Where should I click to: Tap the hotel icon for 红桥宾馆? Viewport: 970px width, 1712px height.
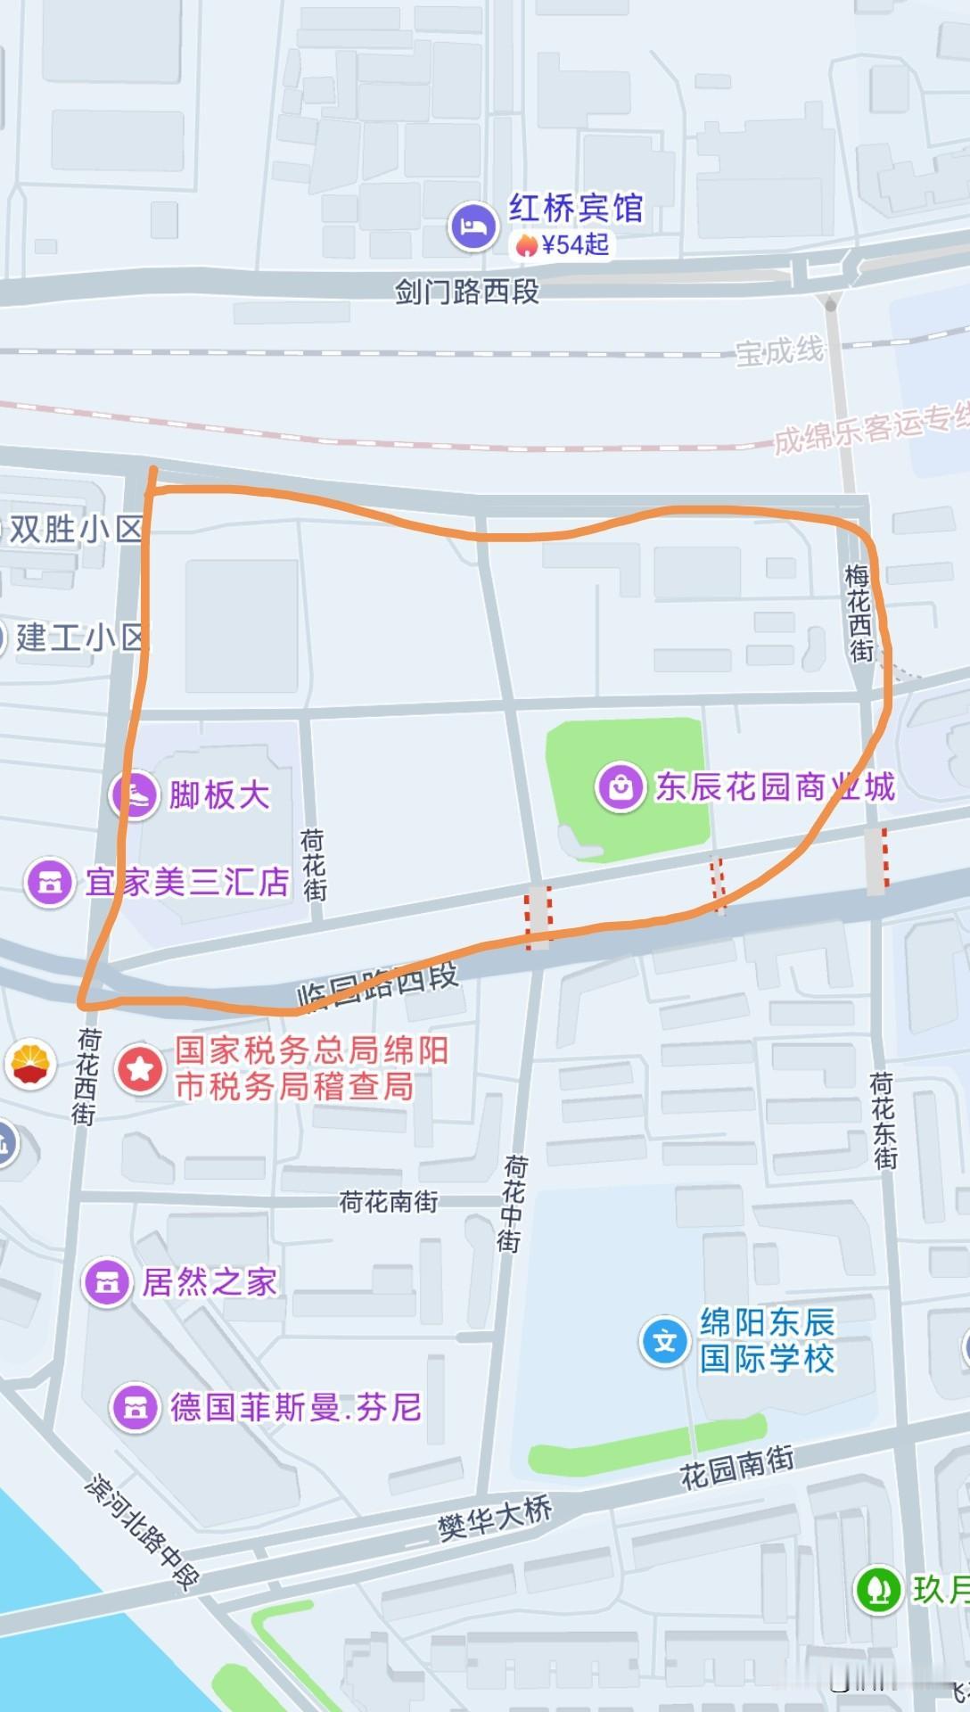tap(473, 226)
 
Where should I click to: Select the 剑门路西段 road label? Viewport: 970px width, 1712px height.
tap(467, 292)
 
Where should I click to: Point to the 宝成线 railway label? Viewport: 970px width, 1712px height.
tap(779, 352)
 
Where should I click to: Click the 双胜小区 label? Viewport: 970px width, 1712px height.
tap(76, 530)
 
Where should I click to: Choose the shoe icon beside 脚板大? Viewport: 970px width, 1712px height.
tap(135, 794)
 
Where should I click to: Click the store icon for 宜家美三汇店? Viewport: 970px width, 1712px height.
tap(49, 883)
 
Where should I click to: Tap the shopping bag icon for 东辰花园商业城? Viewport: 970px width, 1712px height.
tap(621, 786)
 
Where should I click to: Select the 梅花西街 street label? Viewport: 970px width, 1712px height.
tap(859, 613)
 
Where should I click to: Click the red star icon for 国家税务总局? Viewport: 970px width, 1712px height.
tap(141, 1068)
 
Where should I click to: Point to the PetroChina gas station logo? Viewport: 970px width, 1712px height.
tap(31, 1064)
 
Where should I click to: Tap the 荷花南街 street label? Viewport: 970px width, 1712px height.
tap(390, 1202)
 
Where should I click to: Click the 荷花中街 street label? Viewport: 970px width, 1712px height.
tap(512, 1203)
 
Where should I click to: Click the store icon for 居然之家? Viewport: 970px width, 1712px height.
tap(107, 1282)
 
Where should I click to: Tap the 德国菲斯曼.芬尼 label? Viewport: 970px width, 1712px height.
tap(295, 1407)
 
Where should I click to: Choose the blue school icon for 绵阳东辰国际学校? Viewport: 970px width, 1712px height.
tap(665, 1341)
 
